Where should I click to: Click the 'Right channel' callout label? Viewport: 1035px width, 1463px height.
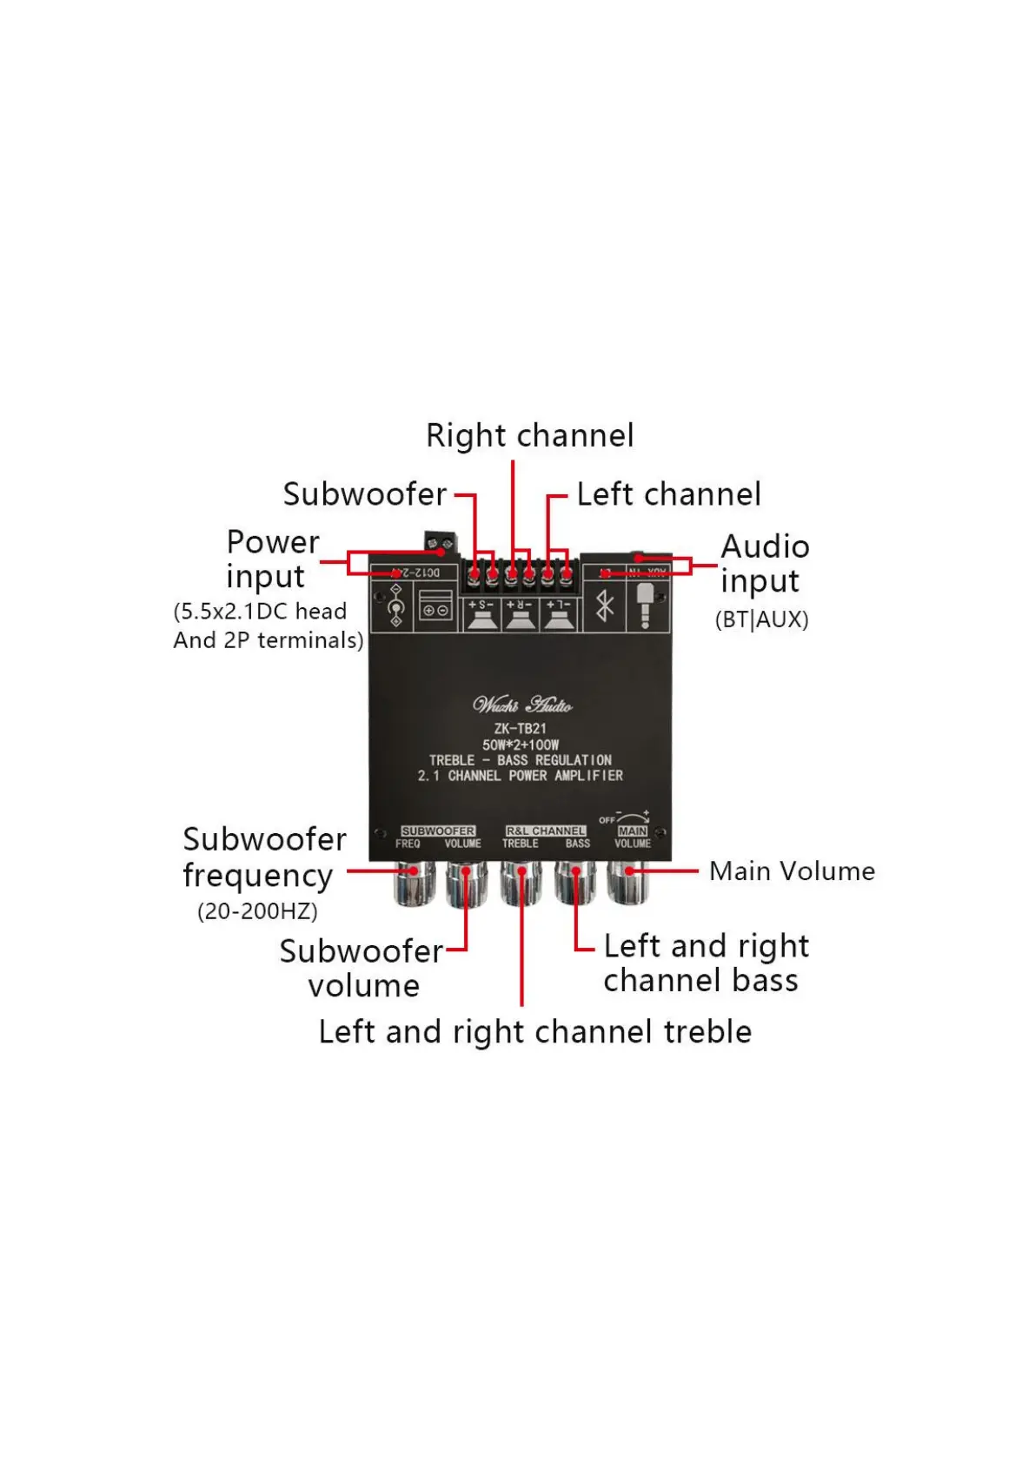529,436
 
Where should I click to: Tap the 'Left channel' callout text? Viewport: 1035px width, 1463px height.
668,494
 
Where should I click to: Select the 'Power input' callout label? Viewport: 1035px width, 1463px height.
272,559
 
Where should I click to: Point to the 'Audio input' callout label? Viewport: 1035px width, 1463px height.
765,564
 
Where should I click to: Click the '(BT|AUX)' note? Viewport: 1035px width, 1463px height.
761,619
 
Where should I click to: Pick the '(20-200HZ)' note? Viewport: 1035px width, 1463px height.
257,911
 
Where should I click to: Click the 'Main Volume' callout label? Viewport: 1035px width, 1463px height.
792,871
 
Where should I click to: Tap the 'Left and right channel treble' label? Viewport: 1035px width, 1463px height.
534,1032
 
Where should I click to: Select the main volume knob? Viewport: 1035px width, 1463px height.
627,884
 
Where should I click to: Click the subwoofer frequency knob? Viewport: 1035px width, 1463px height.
414,884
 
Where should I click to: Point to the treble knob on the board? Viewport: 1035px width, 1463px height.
521,884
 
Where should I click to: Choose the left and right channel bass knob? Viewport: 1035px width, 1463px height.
574,884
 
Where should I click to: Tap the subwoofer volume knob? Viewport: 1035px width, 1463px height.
467,884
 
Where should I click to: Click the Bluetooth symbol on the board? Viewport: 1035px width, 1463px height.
605,606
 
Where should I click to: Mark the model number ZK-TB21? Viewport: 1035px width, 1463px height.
520,729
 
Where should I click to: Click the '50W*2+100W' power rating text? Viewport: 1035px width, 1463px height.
521,745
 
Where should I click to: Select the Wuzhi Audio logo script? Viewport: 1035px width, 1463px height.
521,705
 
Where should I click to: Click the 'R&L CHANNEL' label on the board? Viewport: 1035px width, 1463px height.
546,831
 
